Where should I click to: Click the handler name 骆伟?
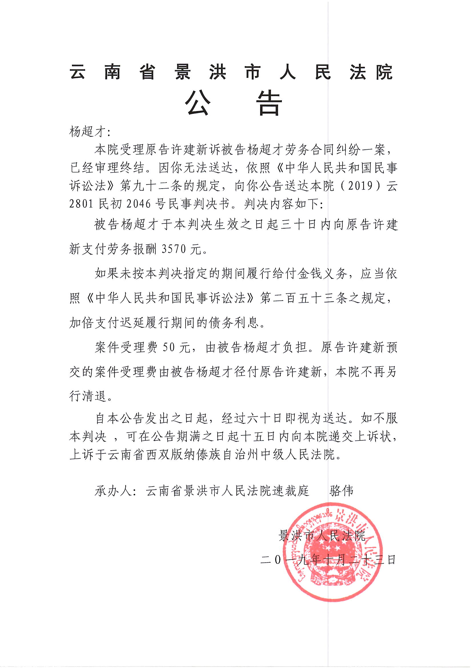342,491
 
